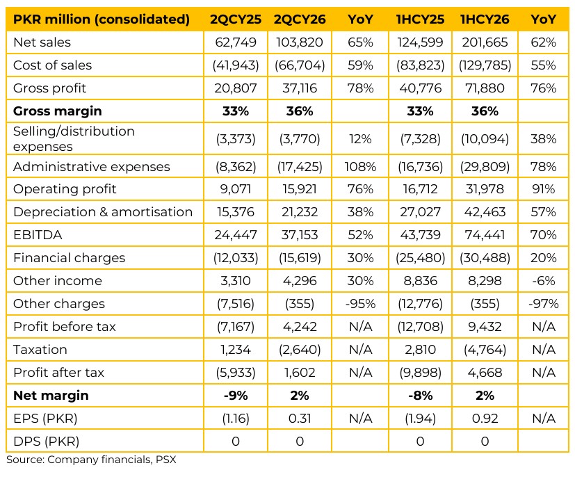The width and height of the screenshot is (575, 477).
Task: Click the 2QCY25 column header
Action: coord(236,19)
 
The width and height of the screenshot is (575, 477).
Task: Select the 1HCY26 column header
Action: coord(485,19)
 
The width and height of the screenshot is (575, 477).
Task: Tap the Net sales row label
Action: coord(42,42)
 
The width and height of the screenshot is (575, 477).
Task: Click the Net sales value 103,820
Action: coord(299,42)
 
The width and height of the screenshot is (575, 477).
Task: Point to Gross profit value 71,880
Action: coord(485,88)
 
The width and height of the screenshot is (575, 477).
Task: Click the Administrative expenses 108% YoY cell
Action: coord(360,166)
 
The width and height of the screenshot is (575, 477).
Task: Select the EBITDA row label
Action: coord(38,234)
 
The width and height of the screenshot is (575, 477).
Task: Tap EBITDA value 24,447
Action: coord(236,234)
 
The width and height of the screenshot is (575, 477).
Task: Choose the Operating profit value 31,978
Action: coord(485,189)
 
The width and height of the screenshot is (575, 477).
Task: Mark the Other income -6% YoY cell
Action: coord(543,280)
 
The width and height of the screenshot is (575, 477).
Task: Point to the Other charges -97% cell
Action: coord(543,304)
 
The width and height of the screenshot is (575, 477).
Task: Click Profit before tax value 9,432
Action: coord(485,326)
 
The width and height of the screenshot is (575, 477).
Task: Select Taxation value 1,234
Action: coord(236,350)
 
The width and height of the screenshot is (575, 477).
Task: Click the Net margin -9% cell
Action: coord(236,395)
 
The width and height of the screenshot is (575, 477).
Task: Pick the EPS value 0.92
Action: coord(485,419)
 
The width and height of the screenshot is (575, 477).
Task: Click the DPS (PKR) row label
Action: coord(46,441)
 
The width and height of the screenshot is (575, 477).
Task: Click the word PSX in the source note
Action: coord(165,460)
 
